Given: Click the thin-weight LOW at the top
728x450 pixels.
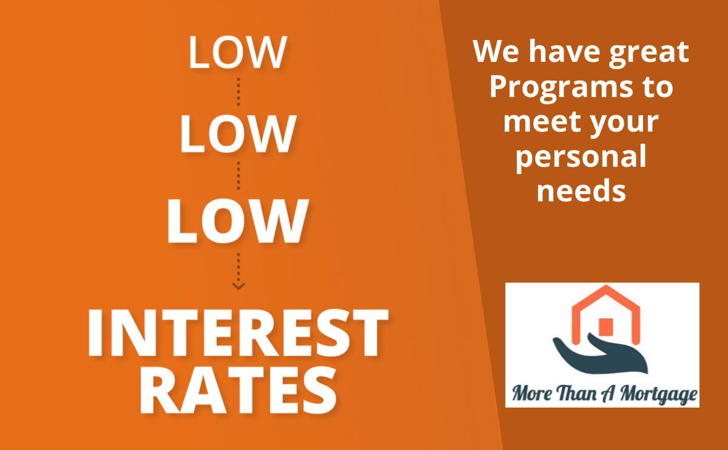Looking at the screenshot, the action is (238, 52).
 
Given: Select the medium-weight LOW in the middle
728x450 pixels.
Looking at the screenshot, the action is (238, 133).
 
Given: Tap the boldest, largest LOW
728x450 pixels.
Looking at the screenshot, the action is (238, 221).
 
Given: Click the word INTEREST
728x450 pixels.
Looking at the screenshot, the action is (238, 332).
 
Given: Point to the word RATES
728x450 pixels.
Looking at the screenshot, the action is (238, 389).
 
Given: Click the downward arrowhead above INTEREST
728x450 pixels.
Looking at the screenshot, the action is (238, 286).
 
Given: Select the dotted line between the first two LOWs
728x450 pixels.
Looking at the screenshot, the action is (238, 92).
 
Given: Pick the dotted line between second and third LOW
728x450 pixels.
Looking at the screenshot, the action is (238, 175).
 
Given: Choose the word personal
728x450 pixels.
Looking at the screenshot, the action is (581, 158).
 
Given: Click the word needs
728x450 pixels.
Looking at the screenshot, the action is (581, 190).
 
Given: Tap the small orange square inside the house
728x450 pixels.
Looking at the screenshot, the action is (606, 327).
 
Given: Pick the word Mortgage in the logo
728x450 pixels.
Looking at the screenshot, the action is (658, 394).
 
